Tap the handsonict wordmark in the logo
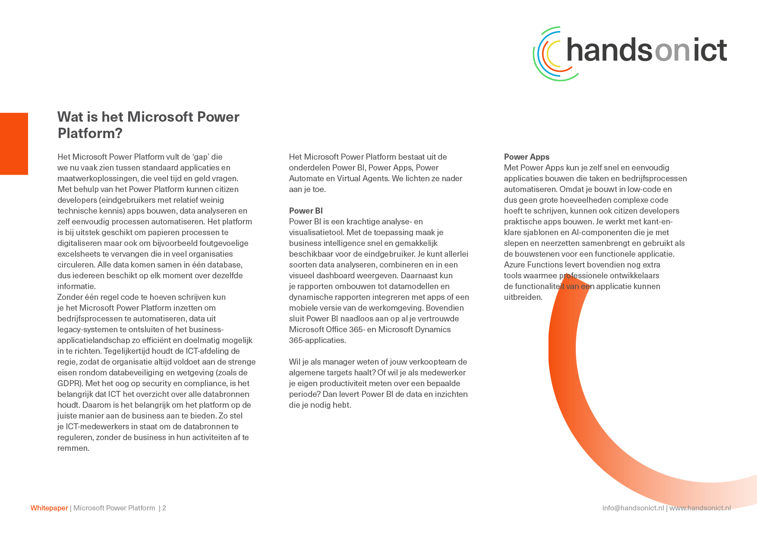pos(647,50)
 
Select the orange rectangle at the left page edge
pos(14,144)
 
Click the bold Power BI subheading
pos(306,211)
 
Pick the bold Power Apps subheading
pos(527,157)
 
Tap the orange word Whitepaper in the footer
pos(49,508)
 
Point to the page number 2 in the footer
pos(164,508)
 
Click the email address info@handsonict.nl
pos(633,508)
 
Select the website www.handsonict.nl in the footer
pos(700,508)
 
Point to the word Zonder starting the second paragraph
pos(70,297)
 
